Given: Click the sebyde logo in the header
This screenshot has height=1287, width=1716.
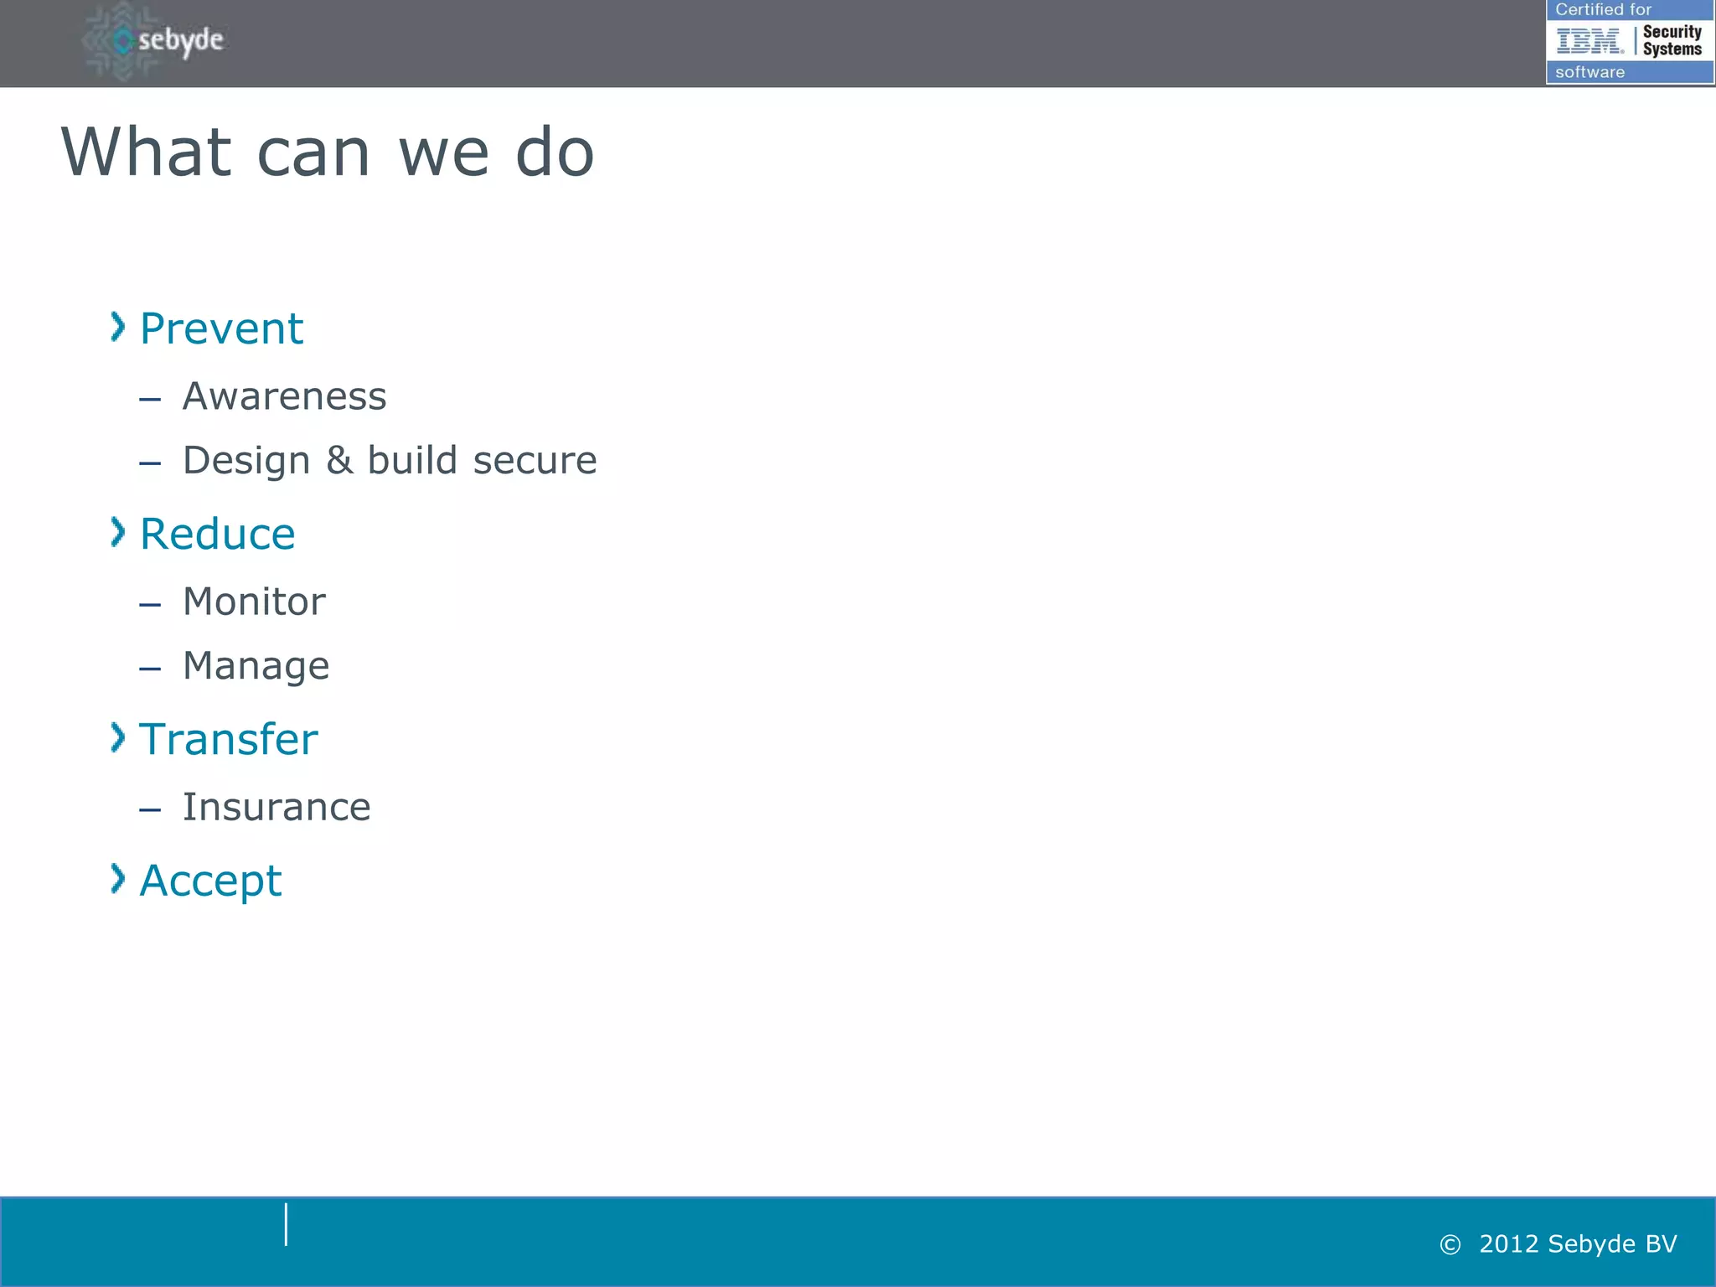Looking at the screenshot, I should (156, 40).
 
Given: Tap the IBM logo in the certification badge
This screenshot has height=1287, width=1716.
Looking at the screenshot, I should (1589, 40).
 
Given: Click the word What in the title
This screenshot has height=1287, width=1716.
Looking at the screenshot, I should (146, 152).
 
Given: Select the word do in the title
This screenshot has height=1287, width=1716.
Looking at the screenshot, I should (554, 152).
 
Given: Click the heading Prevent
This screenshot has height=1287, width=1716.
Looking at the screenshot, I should (221, 328).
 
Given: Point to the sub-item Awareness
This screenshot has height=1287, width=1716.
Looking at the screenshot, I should (284, 396).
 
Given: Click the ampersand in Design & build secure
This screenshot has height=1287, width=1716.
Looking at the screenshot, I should (339, 461).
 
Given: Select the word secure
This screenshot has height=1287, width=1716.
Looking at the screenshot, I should (535, 461).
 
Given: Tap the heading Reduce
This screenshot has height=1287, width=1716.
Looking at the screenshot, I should (217, 534).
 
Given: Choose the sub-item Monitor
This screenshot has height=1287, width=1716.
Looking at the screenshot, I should (254, 602).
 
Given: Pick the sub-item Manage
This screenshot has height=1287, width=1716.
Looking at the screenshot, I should (256, 667).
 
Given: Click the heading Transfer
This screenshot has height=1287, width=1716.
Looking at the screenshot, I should (228, 739).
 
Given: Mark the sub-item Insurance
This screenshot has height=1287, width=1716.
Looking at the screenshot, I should (277, 808).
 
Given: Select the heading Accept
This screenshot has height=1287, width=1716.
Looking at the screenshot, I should (210, 881).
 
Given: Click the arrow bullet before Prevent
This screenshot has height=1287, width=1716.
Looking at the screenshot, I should (118, 327).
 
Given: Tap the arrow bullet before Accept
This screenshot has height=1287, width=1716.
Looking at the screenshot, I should (118, 879).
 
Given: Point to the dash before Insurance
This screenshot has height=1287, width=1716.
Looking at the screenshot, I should (150, 810).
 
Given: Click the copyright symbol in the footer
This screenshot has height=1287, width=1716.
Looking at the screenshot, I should (1450, 1245).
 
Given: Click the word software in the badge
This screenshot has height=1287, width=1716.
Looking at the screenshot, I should (1589, 72).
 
